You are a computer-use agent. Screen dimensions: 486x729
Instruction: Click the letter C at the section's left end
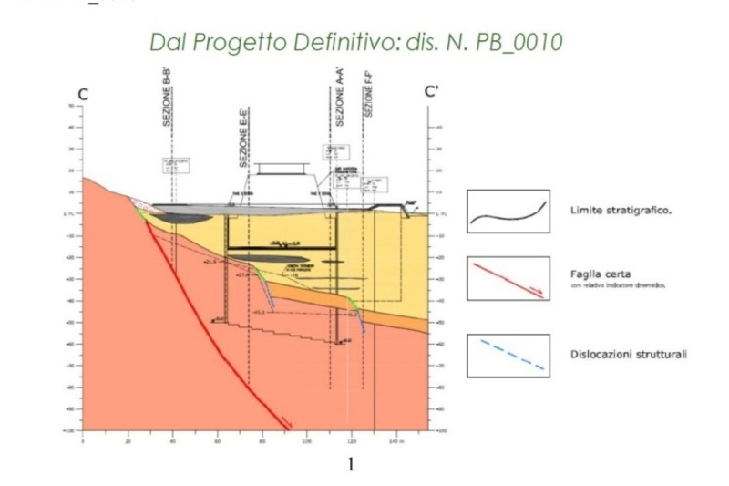coord(83,93)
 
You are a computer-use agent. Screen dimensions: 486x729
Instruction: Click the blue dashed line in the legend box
coord(508,356)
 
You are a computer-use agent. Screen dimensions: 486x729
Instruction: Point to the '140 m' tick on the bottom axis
coord(394,441)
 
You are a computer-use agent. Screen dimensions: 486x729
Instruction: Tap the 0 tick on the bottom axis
coord(83,441)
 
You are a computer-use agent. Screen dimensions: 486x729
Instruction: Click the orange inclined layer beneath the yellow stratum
coord(392,315)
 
